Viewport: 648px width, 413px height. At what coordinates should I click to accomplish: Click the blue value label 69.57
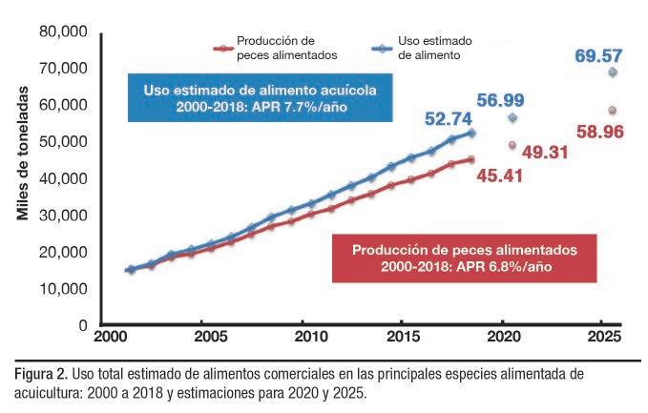[x=598, y=56]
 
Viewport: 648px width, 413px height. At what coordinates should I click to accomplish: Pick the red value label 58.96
[x=599, y=132]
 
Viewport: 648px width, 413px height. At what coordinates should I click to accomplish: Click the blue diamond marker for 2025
[x=612, y=72]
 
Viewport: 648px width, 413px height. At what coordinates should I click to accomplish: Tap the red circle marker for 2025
[x=612, y=111]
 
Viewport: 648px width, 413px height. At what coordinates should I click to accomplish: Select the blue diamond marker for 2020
[x=512, y=117]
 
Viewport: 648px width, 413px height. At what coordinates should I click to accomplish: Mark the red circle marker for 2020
[x=512, y=145]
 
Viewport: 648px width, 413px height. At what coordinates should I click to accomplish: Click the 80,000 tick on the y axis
[x=64, y=32]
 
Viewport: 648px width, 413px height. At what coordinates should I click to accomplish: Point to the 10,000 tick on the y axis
[x=64, y=289]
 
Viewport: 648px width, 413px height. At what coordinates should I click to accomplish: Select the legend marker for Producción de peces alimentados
[x=220, y=48]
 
